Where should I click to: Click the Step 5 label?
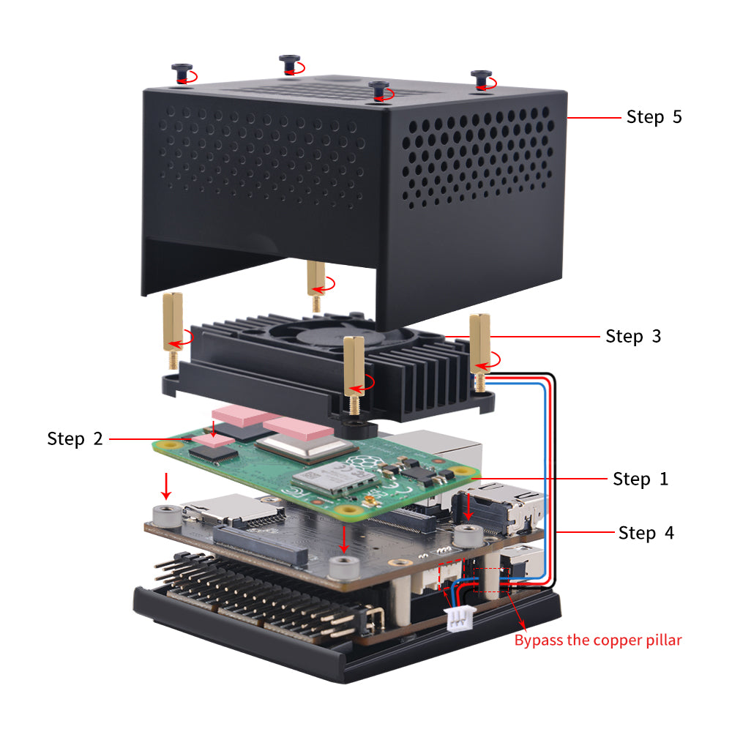pyautogui.click(x=654, y=117)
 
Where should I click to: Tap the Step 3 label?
pyautogui.click(x=633, y=336)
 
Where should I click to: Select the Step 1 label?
pyautogui.click(x=640, y=479)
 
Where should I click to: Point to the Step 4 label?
pyautogui.click(x=646, y=533)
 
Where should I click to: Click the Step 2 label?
pyautogui.click(x=75, y=438)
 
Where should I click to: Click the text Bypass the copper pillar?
pyautogui.click(x=597, y=640)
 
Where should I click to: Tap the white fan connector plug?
pyautogui.click(x=459, y=619)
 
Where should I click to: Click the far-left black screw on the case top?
pyautogui.click(x=180, y=72)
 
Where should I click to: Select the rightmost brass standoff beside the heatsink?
pyautogui.click(x=479, y=348)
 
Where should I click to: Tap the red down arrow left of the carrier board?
pyautogui.click(x=167, y=484)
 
